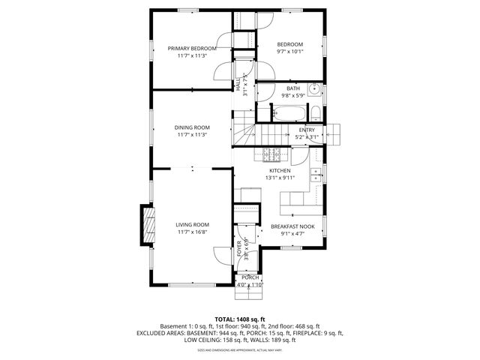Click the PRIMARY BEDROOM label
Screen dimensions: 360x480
(x=192, y=48)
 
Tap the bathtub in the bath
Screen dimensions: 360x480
(x=289, y=115)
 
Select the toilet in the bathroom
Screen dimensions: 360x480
(x=316, y=115)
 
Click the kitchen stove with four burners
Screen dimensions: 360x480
(x=271, y=155)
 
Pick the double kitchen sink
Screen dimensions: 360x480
(x=316, y=177)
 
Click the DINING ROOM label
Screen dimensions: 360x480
(x=192, y=127)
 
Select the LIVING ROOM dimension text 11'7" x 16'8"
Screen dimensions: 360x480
(x=192, y=232)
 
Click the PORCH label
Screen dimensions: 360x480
(x=250, y=277)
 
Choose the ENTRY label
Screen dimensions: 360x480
(x=307, y=130)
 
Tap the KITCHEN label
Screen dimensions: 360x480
(x=280, y=170)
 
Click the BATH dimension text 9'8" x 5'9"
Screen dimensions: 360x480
(x=292, y=95)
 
